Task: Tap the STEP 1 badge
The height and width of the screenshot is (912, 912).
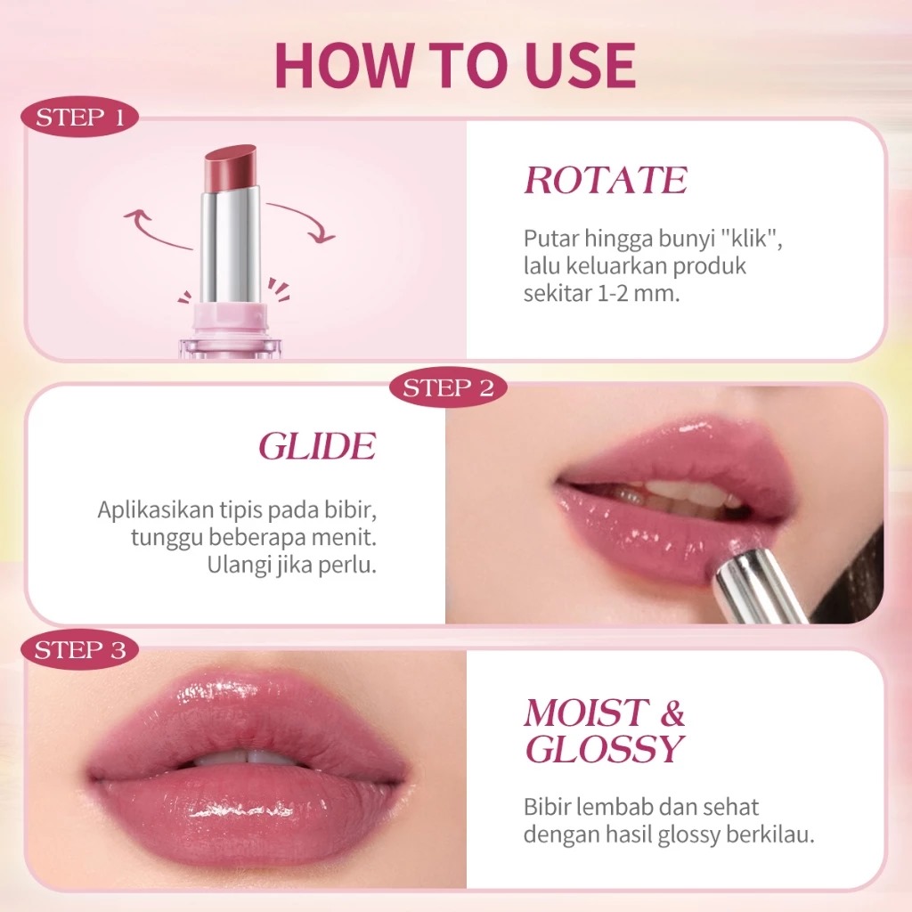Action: point(80,118)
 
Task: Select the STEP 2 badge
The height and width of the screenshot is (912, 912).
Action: point(448,388)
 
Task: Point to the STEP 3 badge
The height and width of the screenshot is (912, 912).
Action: point(80,651)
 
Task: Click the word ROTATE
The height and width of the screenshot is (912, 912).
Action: point(606,181)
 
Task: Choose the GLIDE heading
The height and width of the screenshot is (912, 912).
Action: point(317,447)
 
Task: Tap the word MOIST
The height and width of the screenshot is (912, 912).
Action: point(585,714)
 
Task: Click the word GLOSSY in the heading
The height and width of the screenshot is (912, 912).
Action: point(604,751)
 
